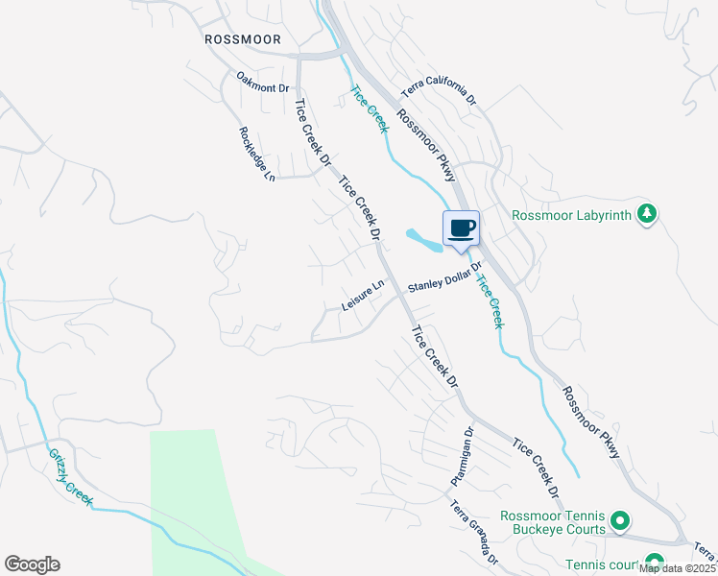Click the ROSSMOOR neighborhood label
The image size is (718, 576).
[243, 39]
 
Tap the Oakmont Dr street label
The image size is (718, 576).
[262, 87]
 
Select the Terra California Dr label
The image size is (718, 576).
[439, 93]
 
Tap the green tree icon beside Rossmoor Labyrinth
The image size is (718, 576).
[648, 213]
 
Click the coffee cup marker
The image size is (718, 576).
[461, 228]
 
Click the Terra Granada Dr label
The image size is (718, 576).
[474, 532]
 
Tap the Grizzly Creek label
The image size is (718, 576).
[71, 477]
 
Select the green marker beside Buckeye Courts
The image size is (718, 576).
[620, 521]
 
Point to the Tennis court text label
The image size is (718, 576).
[604, 564]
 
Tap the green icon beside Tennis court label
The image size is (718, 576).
[655, 563]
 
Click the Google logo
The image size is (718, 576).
[32, 564]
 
